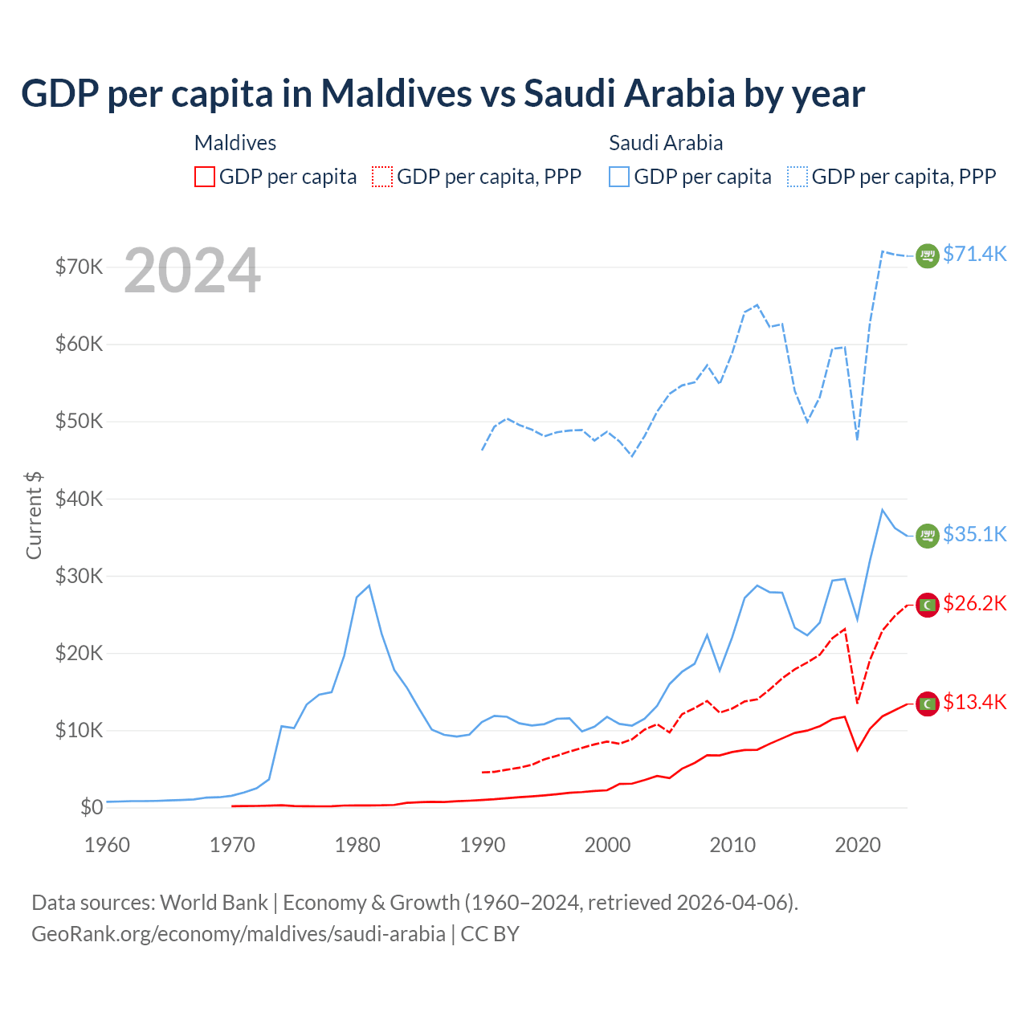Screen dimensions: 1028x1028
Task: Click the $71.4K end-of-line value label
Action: pyautogui.click(x=974, y=254)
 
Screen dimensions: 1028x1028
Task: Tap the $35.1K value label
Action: pyautogui.click(x=974, y=534)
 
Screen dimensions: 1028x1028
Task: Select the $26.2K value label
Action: pyautogui.click(x=974, y=603)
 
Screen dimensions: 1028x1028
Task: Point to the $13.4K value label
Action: pyautogui.click(x=974, y=702)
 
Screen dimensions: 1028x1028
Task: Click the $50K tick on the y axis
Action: pyautogui.click(x=79, y=422)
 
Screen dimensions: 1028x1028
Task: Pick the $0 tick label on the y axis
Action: pyautogui.click(x=92, y=807)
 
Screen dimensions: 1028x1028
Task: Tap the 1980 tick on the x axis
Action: pyautogui.click(x=357, y=845)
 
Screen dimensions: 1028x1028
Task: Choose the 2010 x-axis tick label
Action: pyautogui.click(x=732, y=845)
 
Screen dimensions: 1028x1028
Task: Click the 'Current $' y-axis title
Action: pyautogui.click(x=34, y=515)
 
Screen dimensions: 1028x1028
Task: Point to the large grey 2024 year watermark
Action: pyautogui.click(x=193, y=271)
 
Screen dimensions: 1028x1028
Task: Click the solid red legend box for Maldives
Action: pyautogui.click(x=205, y=177)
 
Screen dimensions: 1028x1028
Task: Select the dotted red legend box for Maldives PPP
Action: pyautogui.click(x=382, y=177)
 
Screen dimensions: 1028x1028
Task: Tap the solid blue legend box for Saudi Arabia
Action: pyautogui.click(x=619, y=177)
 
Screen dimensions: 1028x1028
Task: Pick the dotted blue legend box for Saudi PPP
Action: pyautogui.click(x=798, y=177)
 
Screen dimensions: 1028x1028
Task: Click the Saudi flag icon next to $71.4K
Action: pyautogui.click(x=928, y=255)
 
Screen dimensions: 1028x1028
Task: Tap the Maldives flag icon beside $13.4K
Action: pyautogui.click(x=928, y=704)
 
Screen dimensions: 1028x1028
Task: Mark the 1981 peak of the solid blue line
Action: pyautogui.click(x=369, y=585)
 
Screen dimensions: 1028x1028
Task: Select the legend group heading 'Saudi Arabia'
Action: pyautogui.click(x=666, y=143)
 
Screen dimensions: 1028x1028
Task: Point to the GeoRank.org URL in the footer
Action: pyautogui.click(x=239, y=934)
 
